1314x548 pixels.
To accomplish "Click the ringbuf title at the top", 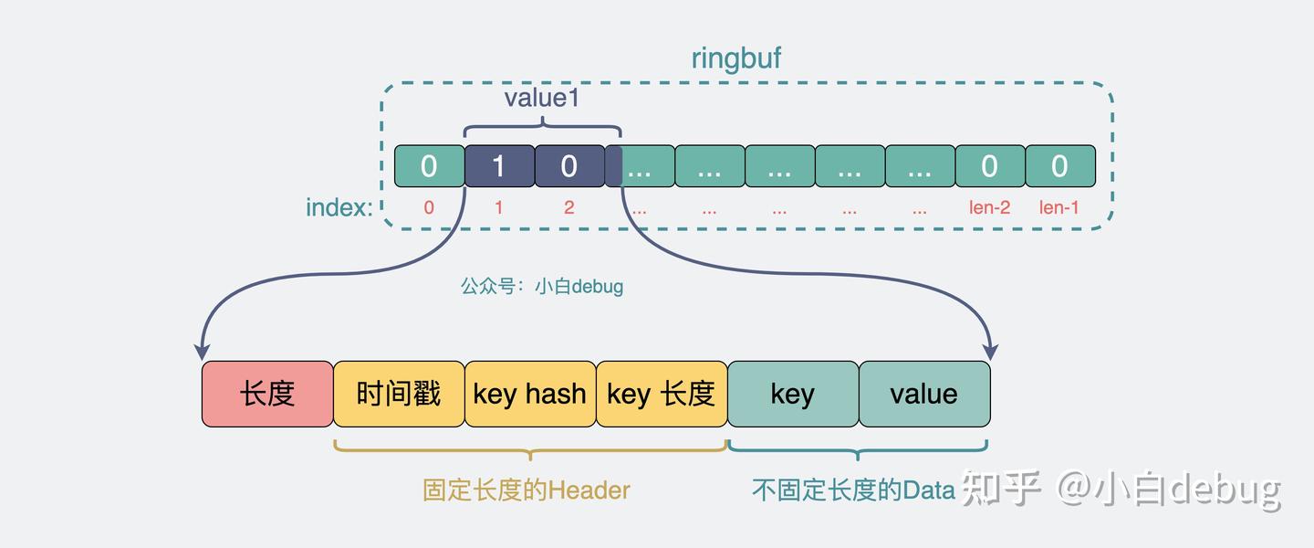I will [x=735, y=58].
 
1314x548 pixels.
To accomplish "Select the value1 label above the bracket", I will [x=542, y=98].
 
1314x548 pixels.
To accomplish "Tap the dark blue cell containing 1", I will [x=499, y=166].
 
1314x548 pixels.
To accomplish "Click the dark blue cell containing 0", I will [x=569, y=166].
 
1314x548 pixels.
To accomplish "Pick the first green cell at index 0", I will [x=429, y=166].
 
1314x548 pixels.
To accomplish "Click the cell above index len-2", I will [x=989, y=166].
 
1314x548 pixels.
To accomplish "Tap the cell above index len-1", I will [x=1059, y=166].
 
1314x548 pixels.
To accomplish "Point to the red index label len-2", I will [x=989, y=208].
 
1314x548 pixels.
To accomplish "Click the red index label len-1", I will [x=1058, y=208].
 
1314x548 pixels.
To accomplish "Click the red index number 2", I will [x=568, y=208].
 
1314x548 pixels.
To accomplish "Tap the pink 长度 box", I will [x=267, y=394].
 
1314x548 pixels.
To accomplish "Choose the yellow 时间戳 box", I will [x=399, y=394].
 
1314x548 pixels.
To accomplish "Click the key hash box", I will [x=530, y=394].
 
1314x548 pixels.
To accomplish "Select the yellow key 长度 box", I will [x=662, y=394].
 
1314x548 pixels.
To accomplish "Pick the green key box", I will [x=792, y=394].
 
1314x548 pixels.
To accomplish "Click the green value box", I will [x=923, y=394].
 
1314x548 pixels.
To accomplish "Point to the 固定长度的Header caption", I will [x=527, y=490].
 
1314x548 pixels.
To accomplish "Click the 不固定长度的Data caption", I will [x=852, y=490].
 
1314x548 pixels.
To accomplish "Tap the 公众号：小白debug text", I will [x=542, y=286].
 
